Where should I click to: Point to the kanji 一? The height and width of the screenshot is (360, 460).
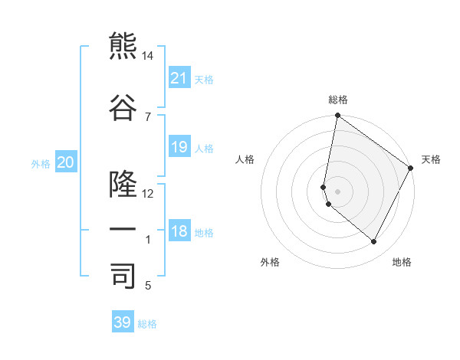[x=123, y=230]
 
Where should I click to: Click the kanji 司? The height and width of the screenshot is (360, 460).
[x=123, y=276]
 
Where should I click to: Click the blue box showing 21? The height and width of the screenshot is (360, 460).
[x=179, y=78]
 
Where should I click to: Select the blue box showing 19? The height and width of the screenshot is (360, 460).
[x=179, y=147]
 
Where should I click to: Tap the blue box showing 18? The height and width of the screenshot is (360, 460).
[x=179, y=231]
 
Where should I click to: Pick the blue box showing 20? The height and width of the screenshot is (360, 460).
[x=66, y=162]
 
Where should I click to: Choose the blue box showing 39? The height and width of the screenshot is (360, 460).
[x=123, y=322]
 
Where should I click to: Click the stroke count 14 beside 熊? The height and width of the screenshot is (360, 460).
[x=148, y=57]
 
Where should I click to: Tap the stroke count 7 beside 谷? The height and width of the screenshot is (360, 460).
[x=147, y=116]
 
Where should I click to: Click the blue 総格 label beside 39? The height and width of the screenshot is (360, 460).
[x=147, y=324]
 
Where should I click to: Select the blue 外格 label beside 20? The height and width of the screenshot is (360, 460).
[x=41, y=164]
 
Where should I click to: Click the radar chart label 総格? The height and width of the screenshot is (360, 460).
[x=338, y=100]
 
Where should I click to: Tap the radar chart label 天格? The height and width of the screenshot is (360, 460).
[x=431, y=159]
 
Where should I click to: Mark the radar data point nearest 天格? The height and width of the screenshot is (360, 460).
[x=411, y=169]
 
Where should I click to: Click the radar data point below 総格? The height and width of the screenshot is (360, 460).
[x=337, y=116]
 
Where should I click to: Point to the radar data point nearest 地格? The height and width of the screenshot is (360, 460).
[x=374, y=242]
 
